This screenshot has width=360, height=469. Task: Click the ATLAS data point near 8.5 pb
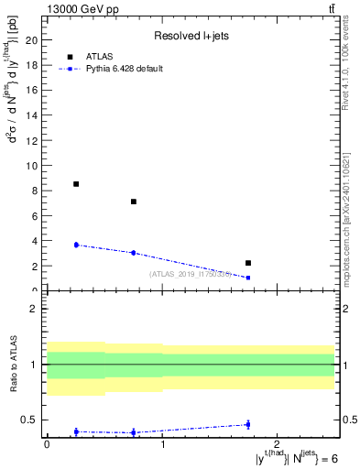pos(76,184)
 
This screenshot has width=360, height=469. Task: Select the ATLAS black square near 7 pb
pos(134,202)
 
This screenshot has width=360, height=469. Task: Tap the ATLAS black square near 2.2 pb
pos(248,263)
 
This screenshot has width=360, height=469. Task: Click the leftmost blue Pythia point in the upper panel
pos(76,245)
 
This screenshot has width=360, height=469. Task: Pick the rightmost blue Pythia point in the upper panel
pos(248,278)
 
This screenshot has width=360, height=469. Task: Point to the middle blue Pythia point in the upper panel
pos(134,253)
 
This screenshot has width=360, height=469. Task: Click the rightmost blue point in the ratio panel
pos(248,424)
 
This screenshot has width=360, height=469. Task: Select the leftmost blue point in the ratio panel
pos(76,431)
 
